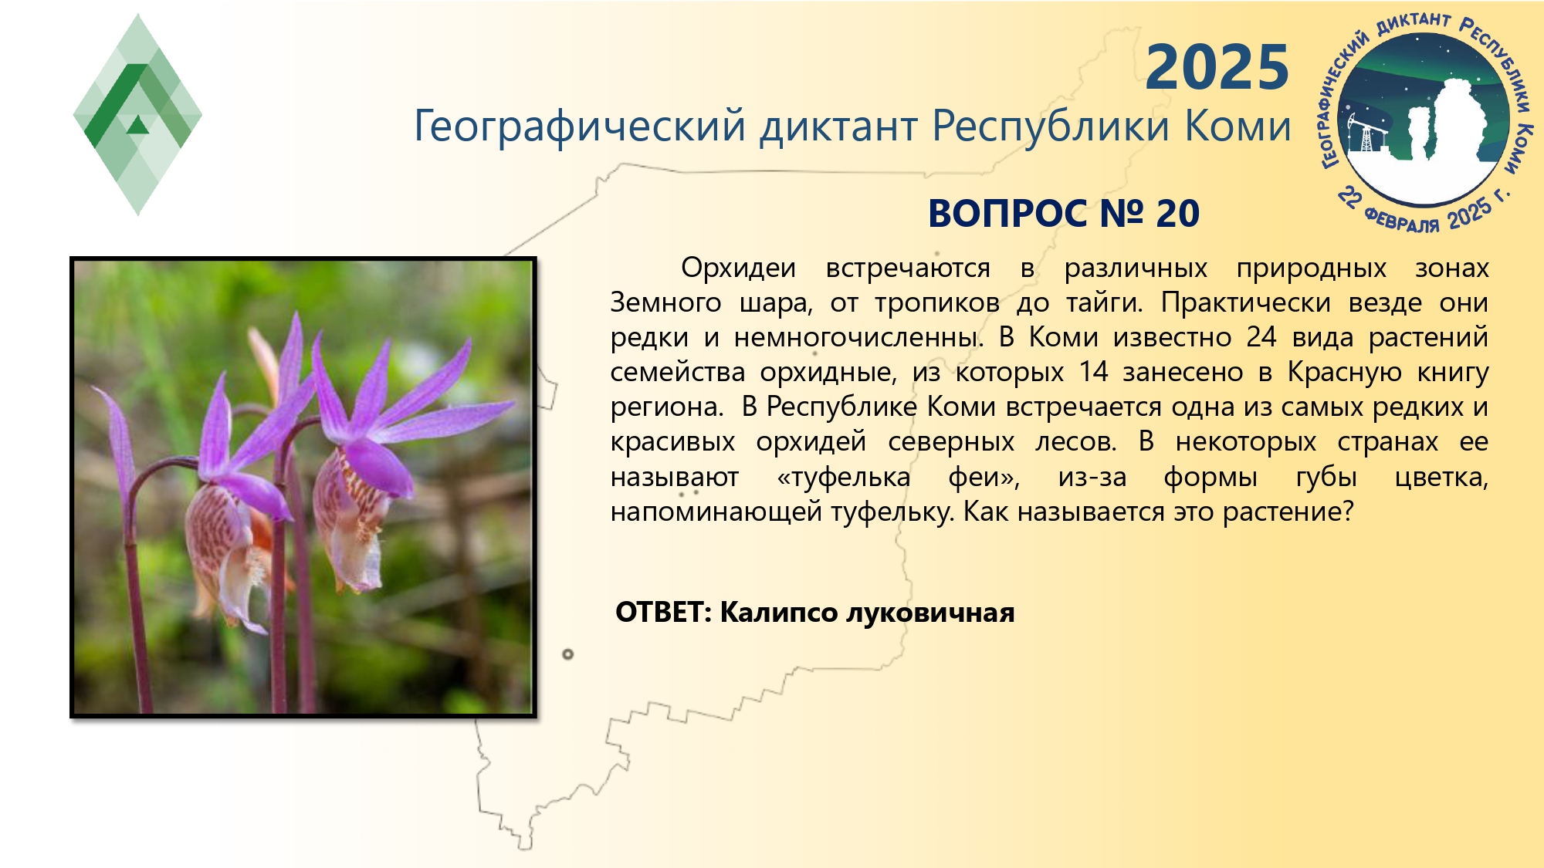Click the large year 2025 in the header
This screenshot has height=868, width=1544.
coord(1217,67)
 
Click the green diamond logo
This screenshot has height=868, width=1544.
coord(137,114)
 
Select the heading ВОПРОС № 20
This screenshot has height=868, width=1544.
coord(1064,213)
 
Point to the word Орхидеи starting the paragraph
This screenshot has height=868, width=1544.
coord(738,268)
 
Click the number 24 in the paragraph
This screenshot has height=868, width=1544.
coord(1261,337)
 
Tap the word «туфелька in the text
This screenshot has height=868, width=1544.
coord(844,477)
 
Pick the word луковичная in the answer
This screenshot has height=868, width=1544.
coord(930,613)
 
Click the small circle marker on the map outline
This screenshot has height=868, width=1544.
coord(568,654)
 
